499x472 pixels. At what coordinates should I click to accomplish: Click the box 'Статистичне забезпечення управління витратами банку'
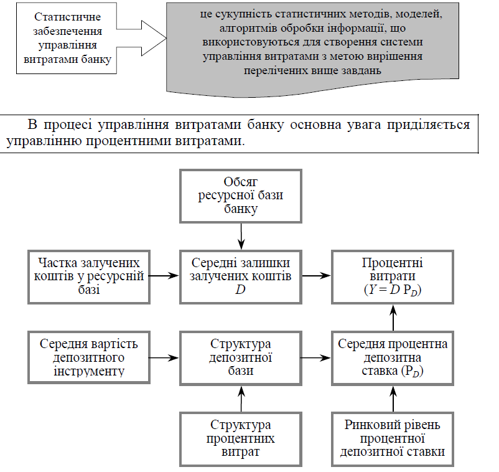click(67, 39)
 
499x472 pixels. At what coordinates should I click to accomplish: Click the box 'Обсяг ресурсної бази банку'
click(240, 195)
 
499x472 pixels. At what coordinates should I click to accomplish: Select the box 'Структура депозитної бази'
click(240, 358)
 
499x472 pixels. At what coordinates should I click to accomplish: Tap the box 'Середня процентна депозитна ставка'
click(393, 358)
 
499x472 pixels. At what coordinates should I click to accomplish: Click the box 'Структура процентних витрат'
click(240, 438)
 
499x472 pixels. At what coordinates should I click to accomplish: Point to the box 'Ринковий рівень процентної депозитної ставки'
click(393, 438)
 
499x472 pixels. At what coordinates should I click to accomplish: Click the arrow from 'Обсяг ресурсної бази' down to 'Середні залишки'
click(240, 236)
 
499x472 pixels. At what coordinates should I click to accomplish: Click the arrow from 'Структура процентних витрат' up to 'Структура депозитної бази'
click(240, 398)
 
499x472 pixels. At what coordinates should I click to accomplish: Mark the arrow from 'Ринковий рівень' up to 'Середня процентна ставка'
click(393, 398)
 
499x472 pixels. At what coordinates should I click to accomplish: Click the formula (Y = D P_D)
click(393, 290)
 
